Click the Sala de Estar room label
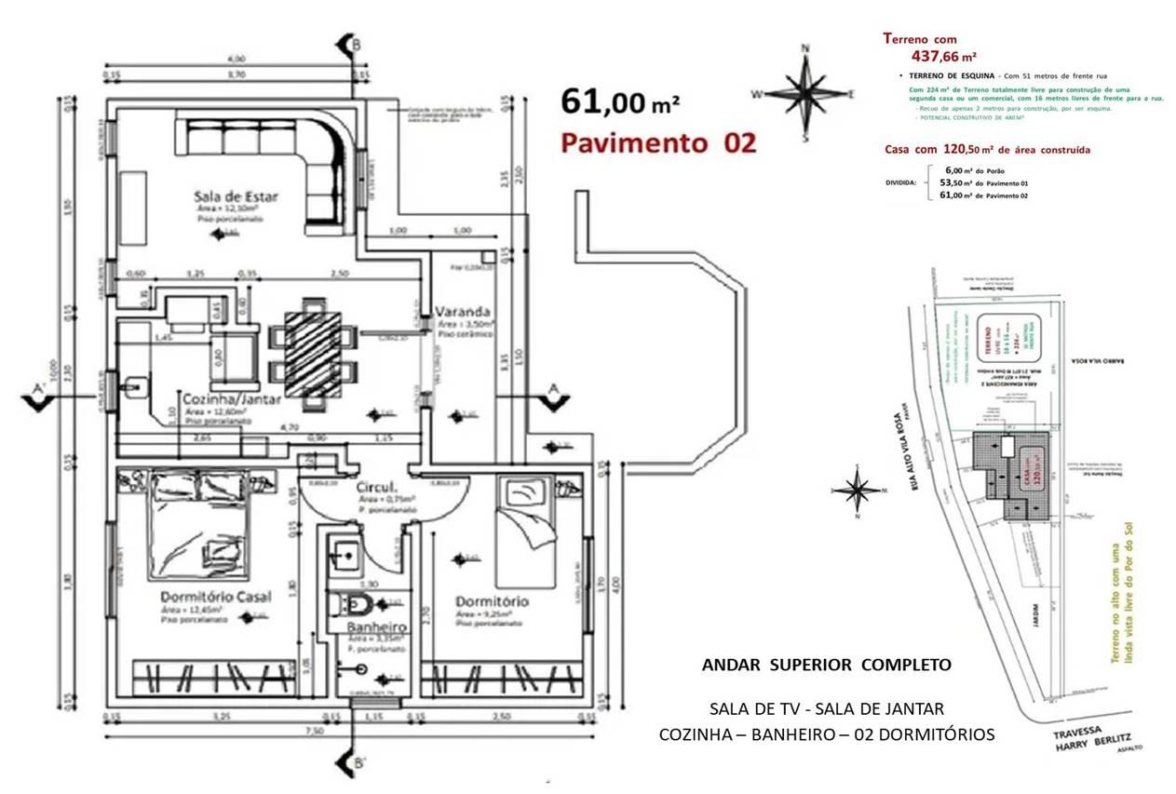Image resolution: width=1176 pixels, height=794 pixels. pyautogui.click(x=236, y=196)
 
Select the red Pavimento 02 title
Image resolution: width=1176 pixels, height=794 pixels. pyautogui.click(x=656, y=142)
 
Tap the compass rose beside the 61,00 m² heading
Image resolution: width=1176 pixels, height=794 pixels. pyautogui.click(x=806, y=92)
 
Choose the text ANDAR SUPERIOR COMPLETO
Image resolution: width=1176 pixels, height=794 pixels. pyautogui.click(x=826, y=665)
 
